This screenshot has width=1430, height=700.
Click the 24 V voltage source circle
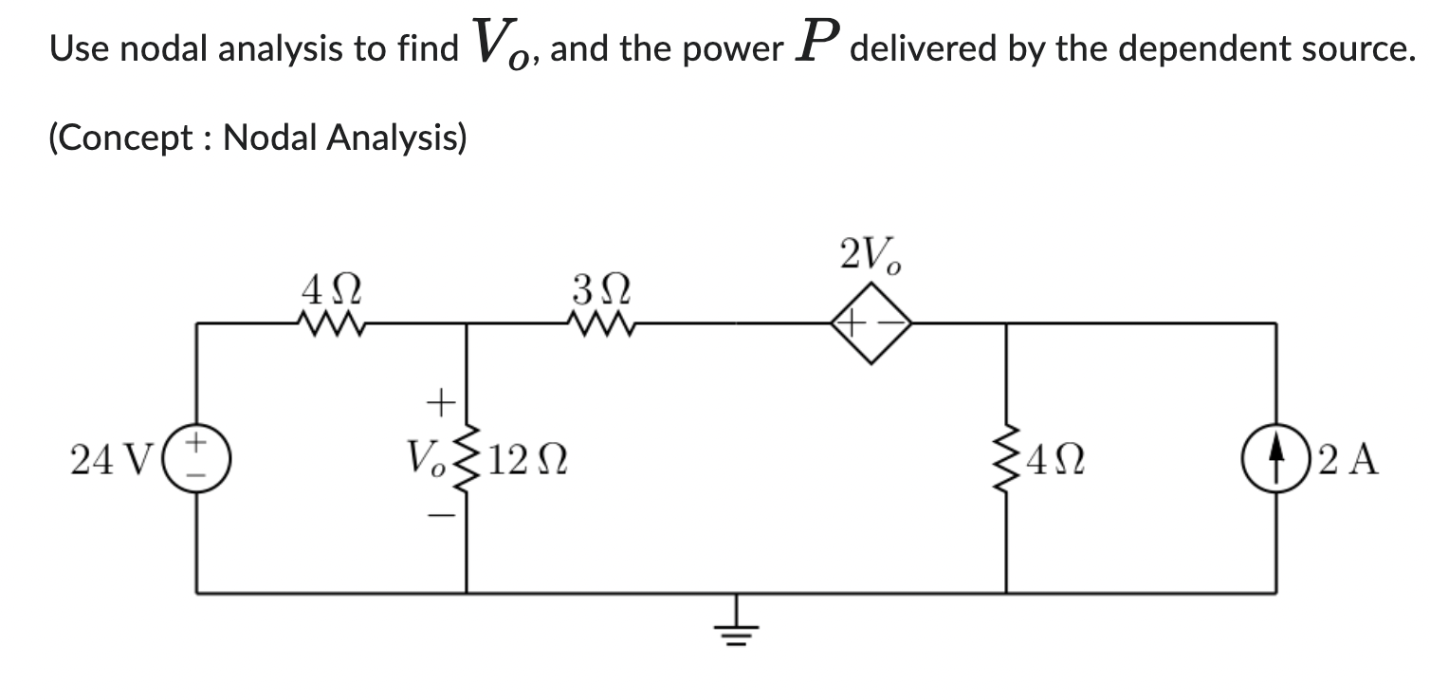[196, 458]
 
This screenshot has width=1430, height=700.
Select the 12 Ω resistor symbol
[466, 458]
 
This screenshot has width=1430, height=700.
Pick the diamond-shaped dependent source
[871, 324]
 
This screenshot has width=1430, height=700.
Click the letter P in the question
[818, 42]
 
